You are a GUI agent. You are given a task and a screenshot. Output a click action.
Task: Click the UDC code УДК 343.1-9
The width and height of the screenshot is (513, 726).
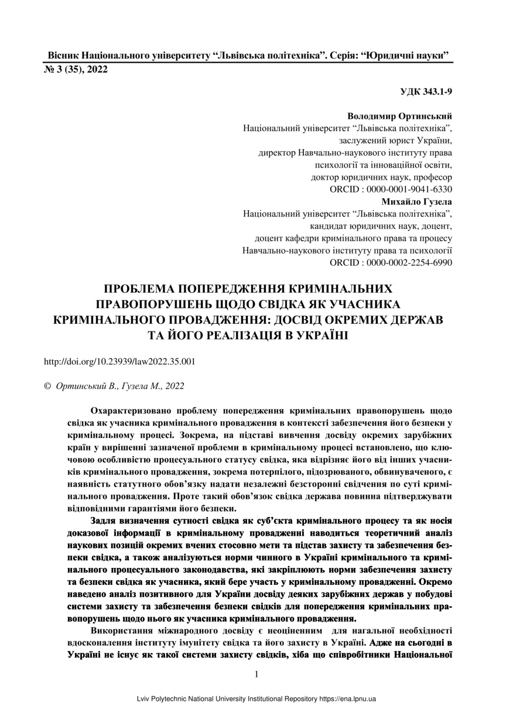[x=426, y=92]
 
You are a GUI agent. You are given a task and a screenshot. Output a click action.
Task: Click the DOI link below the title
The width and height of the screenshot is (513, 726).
[x=120, y=361]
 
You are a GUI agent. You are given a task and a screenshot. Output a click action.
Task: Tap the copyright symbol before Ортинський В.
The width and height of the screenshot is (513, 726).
[x=48, y=386]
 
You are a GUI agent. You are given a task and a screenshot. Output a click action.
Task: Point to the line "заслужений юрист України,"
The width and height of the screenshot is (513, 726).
[x=395, y=141]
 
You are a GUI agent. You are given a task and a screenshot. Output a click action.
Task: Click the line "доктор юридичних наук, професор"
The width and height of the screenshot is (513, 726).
[x=381, y=177]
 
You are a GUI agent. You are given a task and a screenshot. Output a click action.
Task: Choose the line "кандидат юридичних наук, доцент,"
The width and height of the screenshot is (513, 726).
[x=381, y=226]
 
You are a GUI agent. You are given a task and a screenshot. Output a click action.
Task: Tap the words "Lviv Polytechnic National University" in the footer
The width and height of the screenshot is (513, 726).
[x=196, y=699]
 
